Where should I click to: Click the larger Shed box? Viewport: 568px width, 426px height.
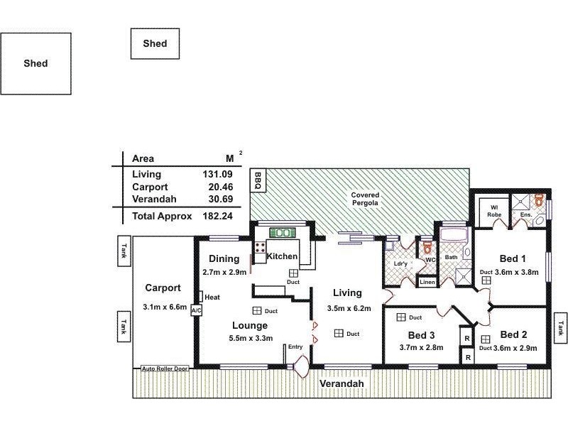tap(35, 63)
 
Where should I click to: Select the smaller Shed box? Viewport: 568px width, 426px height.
tap(155, 43)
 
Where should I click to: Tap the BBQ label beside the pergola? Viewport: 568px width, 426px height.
tap(258, 180)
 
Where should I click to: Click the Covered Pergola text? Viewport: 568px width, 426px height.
tap(366, 199)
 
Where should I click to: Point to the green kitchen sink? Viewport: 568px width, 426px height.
tap(282, 232)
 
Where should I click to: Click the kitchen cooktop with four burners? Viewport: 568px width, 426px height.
tap(260, 249)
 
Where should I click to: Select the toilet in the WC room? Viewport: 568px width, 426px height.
tap(427, 248)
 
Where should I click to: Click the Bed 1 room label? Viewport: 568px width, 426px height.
tap(513, 258)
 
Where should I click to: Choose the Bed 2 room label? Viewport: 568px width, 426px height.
tap(513, 334)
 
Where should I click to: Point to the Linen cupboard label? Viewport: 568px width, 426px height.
tap(427, 282)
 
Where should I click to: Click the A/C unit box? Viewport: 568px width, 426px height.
tap(197, 310)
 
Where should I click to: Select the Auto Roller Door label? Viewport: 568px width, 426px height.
tap(165, 368)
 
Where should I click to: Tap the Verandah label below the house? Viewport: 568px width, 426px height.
tap(341, 383)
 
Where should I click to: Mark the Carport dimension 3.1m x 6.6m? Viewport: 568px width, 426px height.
tap(164, 307)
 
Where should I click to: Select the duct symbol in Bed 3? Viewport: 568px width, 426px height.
tap(401, 317)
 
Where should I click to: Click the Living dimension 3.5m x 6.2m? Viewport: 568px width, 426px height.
tap(347, 309)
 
